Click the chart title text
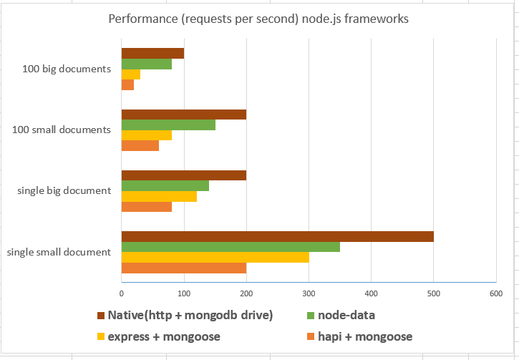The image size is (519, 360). tap(258, 19)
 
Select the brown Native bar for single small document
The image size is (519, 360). tap(277, 236)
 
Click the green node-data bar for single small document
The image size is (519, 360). tap(231, 247)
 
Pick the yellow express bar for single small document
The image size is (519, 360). tap(215, 258)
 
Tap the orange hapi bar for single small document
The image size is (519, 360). tap(184, 268)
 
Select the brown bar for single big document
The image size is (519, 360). tap(184, 175)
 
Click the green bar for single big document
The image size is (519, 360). tap(165, 186)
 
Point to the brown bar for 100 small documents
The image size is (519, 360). tap(184, 115)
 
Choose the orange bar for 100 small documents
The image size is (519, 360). tap(140, 146)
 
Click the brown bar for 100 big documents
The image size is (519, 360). tap(152, 53)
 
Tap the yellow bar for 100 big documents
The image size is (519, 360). tap(131, 74)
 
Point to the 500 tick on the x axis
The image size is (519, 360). tap(433, 293)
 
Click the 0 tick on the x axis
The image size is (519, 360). tap(122, 293)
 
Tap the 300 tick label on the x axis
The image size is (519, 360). tap(309, 293)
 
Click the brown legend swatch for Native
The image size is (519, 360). tap(100, 316)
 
